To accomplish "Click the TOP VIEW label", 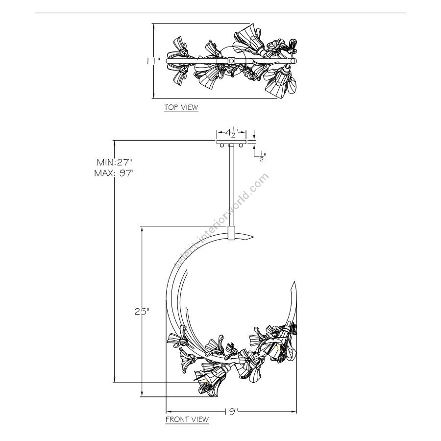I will [181, 107].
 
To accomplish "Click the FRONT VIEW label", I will [187, 419].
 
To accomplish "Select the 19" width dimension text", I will [232, 412].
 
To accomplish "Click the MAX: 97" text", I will [114, 173].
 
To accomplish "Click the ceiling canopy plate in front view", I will [230, 142].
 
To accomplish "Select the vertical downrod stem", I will [230, 186].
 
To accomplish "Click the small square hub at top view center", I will [231, 60].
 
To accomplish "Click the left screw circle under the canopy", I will [222, 146].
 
